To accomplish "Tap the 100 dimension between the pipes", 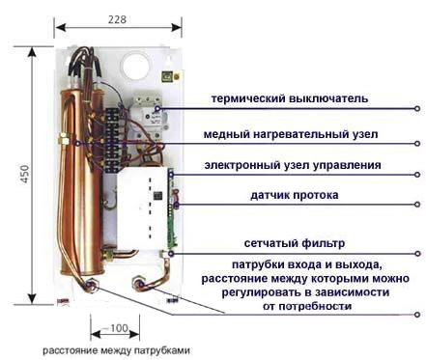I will (119, 327).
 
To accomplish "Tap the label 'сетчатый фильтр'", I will (282, 243).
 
